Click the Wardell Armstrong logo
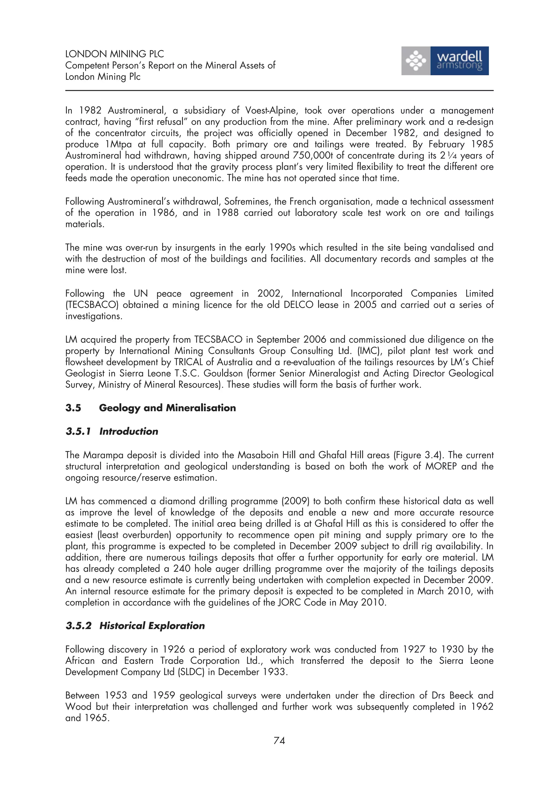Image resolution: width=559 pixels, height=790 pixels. [x=445, y=61]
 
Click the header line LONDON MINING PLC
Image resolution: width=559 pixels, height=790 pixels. [x=114, y=54]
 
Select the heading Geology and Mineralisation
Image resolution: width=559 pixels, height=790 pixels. [x=167, y=408]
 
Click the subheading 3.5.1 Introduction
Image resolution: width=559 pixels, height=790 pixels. [x=112, y=431]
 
